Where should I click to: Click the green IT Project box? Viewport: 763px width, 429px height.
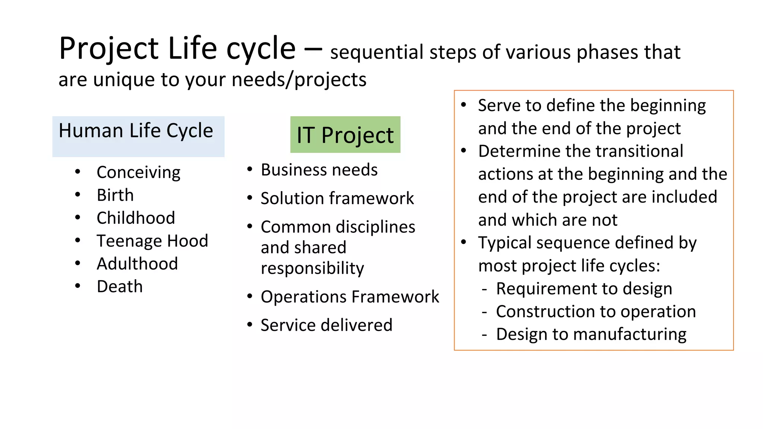(x=345, y=134)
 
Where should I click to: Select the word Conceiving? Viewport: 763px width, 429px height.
(x=138, y=173)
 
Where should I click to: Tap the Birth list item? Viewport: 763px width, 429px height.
(x=115, y=195)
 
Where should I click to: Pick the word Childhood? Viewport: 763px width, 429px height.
(x=136, y=218)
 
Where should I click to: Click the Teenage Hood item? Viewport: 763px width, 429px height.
(x=152, y=241)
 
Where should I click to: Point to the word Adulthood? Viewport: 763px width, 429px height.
(x=137, y=264)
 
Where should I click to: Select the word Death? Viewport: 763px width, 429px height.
(x=120, y=286)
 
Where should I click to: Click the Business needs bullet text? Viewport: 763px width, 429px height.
(x=319, y=170)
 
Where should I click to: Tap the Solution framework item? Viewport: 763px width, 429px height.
(x=337, y=198)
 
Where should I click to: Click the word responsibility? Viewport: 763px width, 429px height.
(x=312, y=268)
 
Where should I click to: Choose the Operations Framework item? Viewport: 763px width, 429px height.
(x=350, y=297)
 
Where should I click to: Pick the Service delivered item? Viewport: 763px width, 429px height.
(x=326, y=325)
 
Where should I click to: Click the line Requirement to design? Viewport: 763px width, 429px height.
(x=584, y=289)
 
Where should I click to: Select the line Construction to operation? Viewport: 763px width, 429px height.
(x=596, y=312)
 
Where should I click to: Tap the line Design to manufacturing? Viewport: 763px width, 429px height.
(x=591, y=334)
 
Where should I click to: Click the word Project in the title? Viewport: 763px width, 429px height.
(x=109, y=49)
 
